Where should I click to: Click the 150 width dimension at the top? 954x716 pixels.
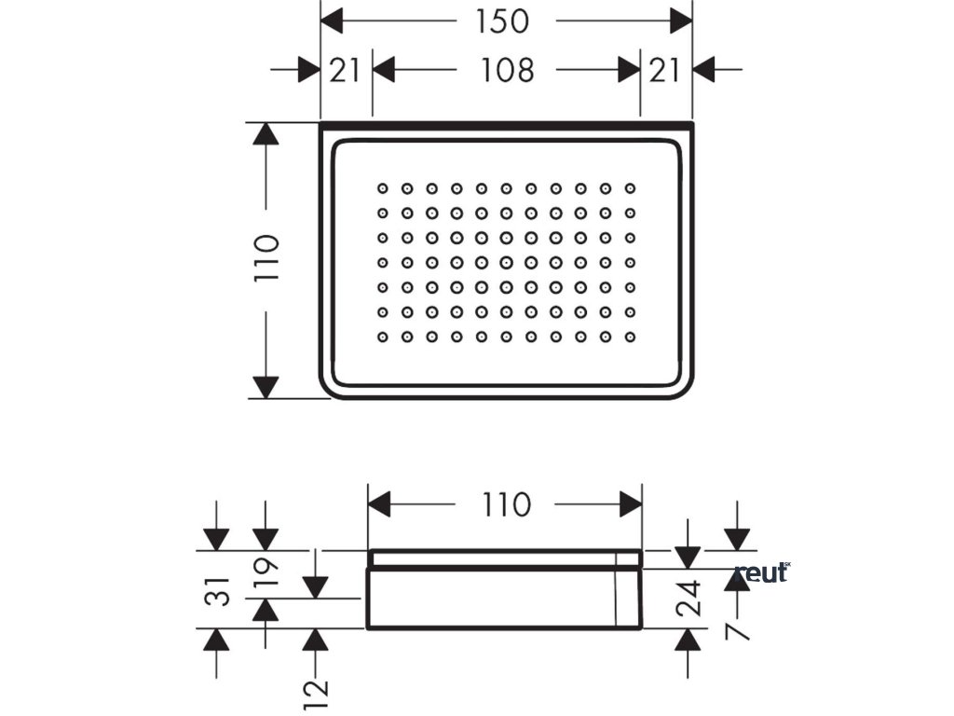coord(502,21)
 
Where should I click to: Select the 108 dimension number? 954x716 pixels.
coord(508,69)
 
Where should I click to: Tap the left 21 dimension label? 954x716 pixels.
coord(345,69)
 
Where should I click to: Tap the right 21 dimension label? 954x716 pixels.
coord(665,69)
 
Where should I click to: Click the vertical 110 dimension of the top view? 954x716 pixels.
coord(266,259)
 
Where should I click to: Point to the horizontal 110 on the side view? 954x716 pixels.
coord(507,504)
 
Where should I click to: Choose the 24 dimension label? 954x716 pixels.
coord(688,599)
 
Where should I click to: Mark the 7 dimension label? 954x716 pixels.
coord(737,630)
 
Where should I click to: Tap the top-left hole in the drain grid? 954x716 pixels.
coord(383,188)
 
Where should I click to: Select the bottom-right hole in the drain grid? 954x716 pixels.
coord(630,336)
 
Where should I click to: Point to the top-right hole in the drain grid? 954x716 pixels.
coord(630,188)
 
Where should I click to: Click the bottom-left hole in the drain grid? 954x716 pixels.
coord(383,336)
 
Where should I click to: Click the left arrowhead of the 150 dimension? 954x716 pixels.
coord(332,21)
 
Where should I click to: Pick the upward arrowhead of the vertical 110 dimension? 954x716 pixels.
coord(266,132)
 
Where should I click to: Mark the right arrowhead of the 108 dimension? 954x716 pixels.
coord(629,69)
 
